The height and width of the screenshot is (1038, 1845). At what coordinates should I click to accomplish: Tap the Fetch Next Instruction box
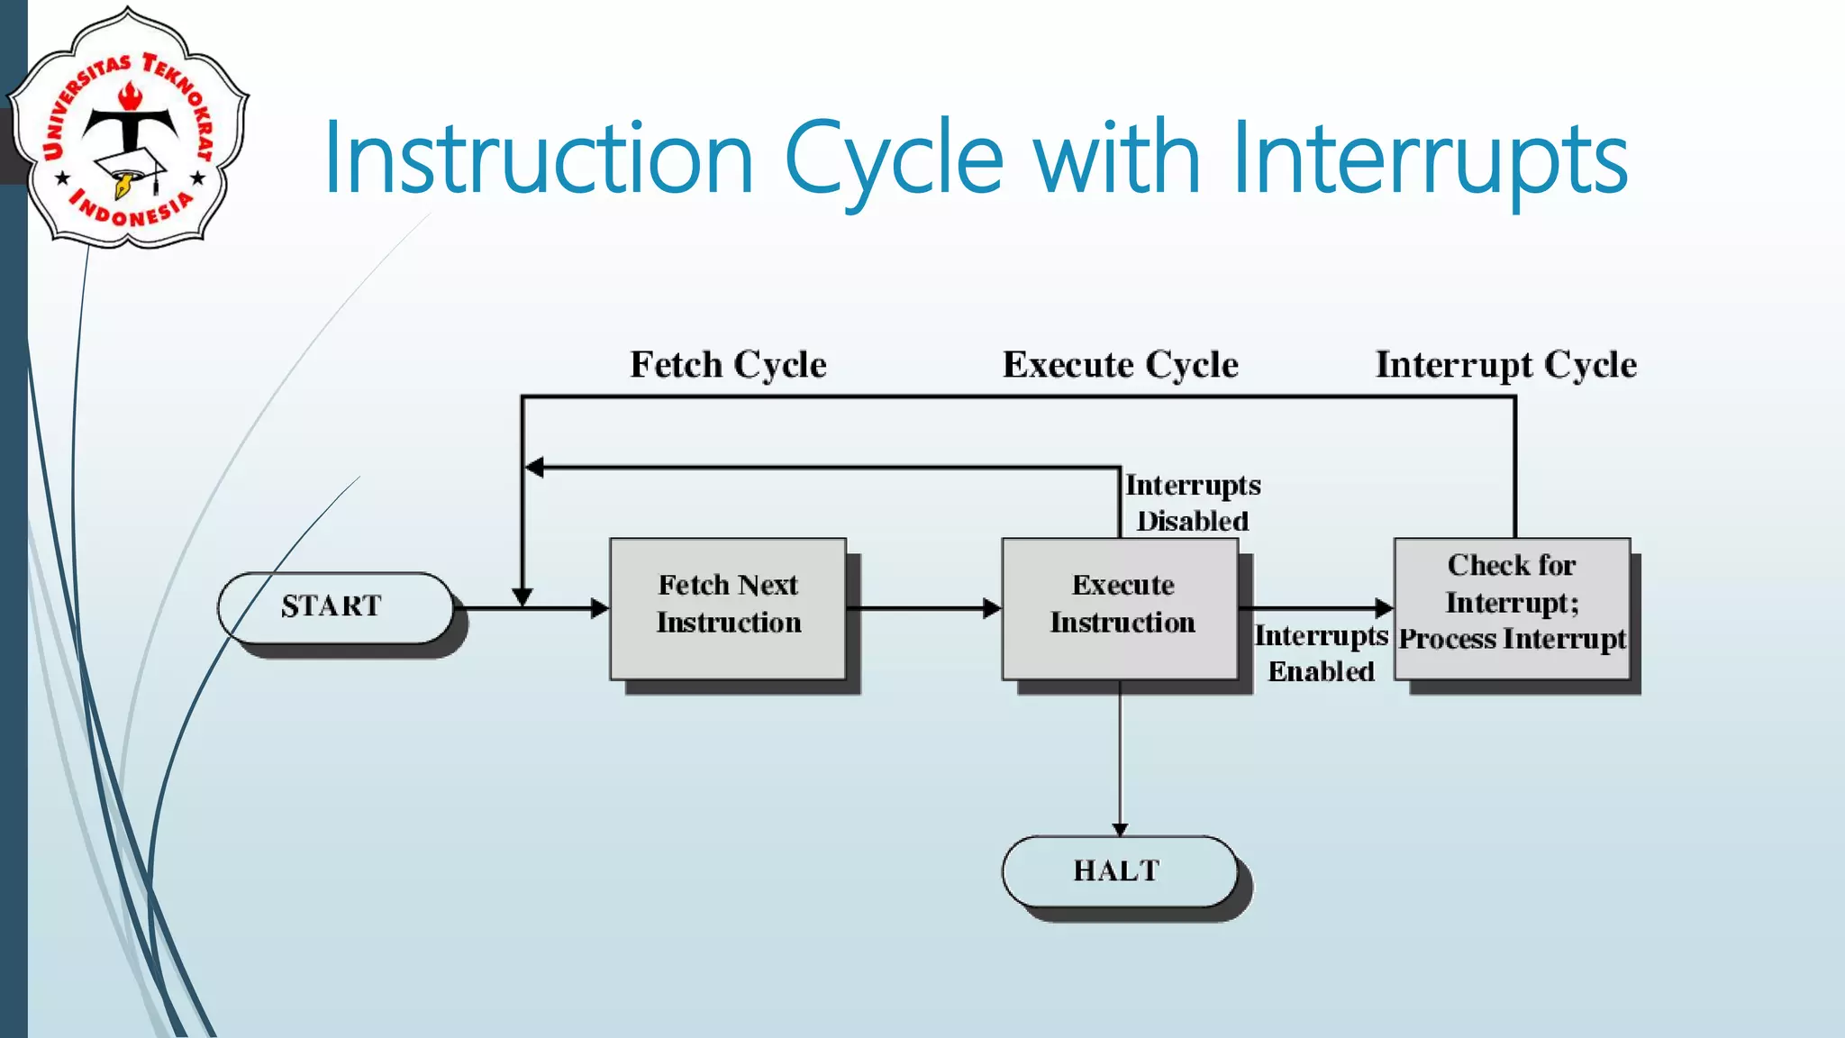click(x=728, y=608)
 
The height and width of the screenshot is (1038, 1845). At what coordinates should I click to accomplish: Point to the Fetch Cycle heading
click(x=728, y=365)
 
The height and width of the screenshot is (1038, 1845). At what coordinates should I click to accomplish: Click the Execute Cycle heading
click(x=1120, y=365)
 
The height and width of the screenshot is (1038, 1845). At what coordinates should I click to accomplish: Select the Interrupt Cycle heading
click(x=1505, y=365)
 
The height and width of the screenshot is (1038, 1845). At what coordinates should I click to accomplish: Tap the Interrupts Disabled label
click(x=1192, y=503)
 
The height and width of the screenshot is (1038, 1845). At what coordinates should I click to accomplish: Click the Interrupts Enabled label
click(x=1321, y=653)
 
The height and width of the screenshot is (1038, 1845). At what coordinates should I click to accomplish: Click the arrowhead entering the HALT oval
click(x=1120, y=829)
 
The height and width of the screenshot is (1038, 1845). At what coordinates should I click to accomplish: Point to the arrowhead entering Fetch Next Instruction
click(x=600, y=608)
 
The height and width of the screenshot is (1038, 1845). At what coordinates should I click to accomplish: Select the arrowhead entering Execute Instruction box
click(x=992, y=608)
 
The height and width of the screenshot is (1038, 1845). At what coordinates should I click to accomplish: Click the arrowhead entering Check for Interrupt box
click(x=1385, y=608)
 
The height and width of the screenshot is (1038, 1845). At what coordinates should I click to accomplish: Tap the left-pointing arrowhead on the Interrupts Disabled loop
click(x=534, y=467)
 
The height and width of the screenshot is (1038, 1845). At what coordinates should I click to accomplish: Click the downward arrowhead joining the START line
click(x=523, y=596)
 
